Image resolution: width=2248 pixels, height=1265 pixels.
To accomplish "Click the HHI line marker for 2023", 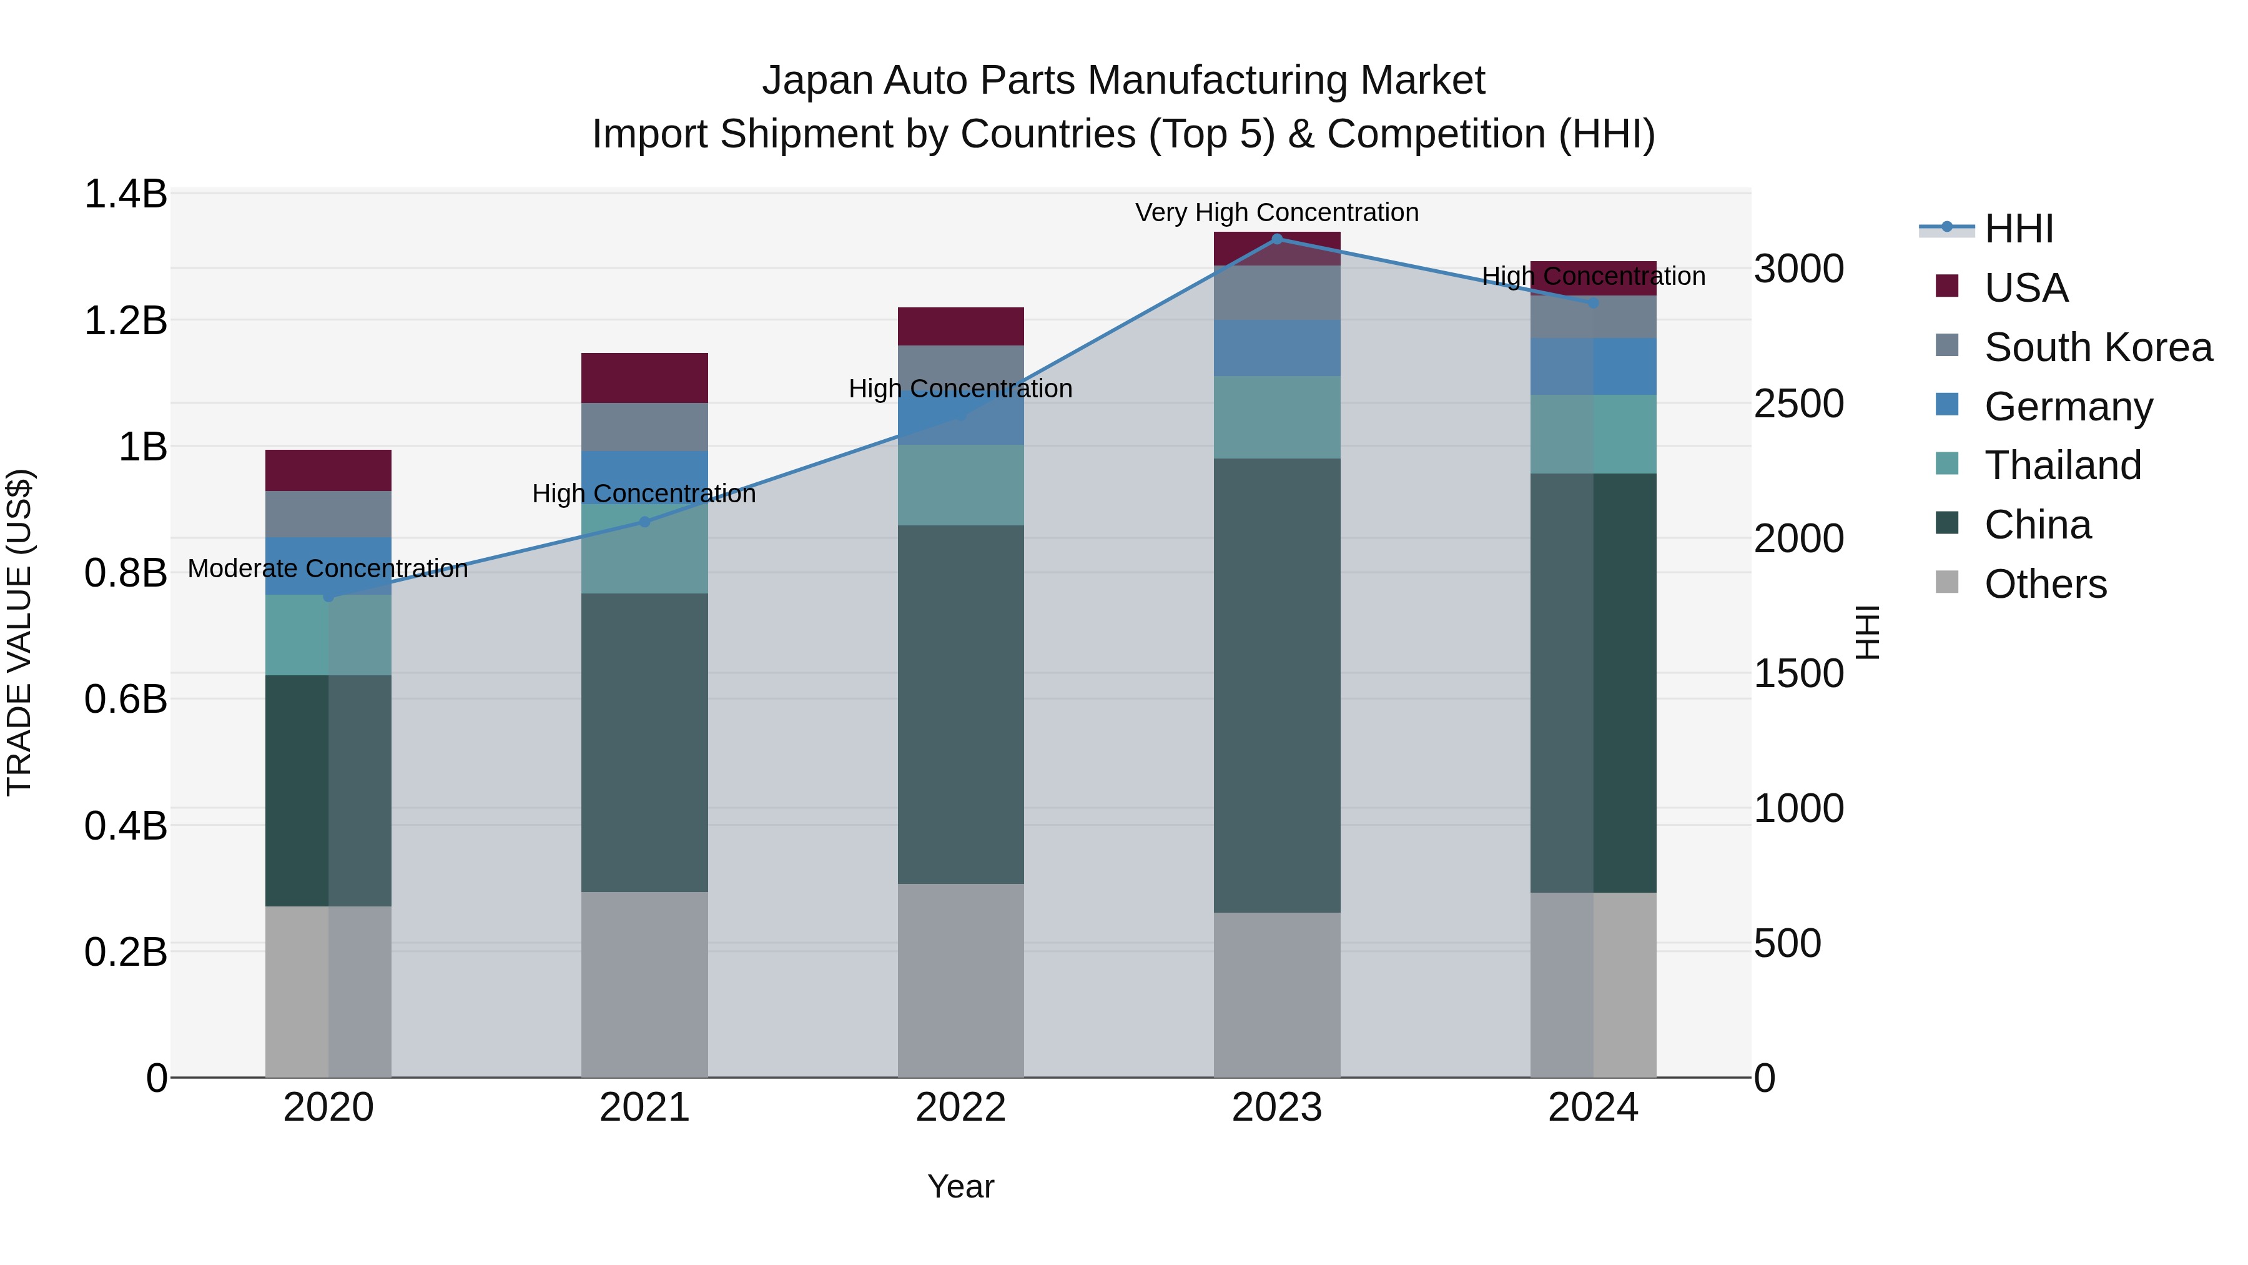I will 1277,239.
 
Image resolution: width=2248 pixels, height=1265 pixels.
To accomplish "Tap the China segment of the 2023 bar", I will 1277,685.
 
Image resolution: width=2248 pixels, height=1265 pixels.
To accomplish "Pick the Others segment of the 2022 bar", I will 961,980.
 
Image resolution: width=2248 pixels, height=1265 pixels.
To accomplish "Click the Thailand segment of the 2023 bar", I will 1277,417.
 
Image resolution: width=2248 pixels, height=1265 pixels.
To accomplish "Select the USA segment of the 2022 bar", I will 961,325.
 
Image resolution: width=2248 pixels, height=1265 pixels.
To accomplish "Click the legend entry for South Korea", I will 2098,347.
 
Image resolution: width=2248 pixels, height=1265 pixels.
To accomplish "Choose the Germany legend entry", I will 2068,407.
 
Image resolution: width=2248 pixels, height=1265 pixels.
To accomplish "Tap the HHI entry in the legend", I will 2018,229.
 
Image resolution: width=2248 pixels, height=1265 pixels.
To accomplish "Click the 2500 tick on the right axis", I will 1798,404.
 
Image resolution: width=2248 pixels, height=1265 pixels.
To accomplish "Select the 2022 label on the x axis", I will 961,1108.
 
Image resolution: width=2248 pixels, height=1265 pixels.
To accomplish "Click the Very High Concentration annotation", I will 1277,212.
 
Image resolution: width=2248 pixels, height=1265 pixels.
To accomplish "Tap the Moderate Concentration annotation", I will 328,568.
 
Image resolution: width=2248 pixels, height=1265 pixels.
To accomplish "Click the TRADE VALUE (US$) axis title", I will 19,632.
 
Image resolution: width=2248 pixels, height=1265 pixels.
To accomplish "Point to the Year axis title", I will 961,1186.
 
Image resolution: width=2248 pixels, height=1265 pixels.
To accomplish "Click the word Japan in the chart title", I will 817,81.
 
